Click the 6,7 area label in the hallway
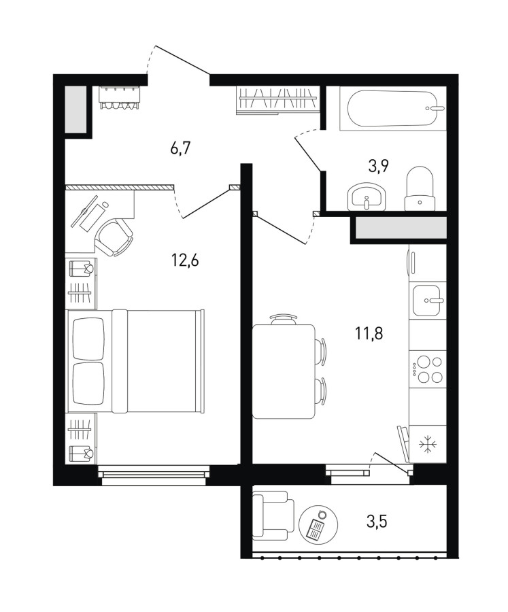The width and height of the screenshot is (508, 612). coord(180,149)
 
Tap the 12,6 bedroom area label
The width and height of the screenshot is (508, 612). coord(185,260)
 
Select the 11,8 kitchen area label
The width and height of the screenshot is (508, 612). coord(369,334)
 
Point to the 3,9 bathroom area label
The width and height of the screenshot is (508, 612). coord(378,167)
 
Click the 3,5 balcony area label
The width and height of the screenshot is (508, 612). coord(377,521)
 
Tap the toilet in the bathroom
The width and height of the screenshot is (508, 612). coord(420,188)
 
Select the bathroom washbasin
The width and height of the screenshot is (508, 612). coord(367,197)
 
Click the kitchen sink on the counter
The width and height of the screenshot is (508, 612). coord(427,300)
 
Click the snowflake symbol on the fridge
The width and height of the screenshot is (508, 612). coord(428,445)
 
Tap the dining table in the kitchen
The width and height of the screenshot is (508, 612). coord(284,371)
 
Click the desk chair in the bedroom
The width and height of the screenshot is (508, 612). coord(114,237)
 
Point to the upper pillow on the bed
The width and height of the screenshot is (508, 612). coord(89,339)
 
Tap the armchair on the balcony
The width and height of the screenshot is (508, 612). coord(273,515)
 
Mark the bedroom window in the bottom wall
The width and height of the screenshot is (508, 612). coord(154,475)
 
